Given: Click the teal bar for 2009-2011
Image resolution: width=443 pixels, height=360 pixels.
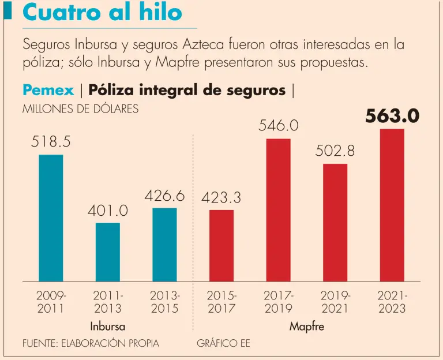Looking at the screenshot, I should coord(51,218).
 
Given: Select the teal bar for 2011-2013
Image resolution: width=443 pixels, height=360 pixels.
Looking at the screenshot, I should coord(108,252).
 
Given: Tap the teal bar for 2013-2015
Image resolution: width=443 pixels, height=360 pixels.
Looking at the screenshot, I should coord(164,245).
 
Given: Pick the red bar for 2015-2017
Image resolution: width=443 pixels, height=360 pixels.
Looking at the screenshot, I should coord(221,246).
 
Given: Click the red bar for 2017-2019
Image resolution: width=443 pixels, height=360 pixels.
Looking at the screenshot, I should coord(278,210).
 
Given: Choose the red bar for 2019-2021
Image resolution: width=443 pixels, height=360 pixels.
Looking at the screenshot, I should coord(335,223).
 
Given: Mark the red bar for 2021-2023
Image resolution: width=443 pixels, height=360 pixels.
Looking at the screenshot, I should coord(392,205).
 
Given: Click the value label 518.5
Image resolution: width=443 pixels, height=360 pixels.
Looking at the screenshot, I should coord(51,142).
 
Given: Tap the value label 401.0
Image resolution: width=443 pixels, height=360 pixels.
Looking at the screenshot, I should coord(108,211).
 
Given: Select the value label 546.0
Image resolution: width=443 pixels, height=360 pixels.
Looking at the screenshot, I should coord(278,126).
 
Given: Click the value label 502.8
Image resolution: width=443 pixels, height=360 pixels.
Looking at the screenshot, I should coord(335,151).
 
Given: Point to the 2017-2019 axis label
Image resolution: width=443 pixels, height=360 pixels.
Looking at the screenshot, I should coord(278,302).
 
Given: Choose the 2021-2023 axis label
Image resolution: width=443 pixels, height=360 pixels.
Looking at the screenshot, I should coord(392,302).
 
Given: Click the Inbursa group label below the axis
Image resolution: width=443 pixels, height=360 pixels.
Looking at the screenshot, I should coord(108,327).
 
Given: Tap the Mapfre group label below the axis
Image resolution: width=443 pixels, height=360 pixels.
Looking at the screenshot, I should coord(307,327).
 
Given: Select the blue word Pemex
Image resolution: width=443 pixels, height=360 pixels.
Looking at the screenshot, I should coord(48,90).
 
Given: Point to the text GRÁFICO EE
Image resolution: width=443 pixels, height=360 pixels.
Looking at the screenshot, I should coord(224,343).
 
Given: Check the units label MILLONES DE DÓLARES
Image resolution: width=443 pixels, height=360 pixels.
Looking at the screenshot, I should coord(80,109).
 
